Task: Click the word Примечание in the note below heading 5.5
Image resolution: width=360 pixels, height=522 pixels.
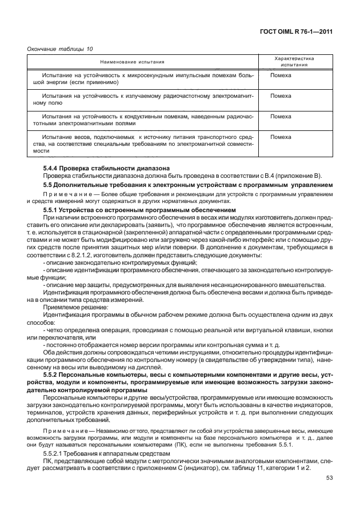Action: pos(64,194)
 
